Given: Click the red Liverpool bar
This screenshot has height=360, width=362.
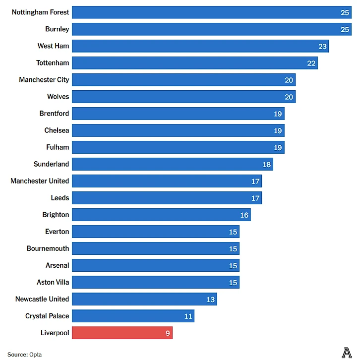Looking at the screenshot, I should tap(122, 333).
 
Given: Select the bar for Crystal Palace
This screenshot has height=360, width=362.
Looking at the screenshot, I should tap(133, 316).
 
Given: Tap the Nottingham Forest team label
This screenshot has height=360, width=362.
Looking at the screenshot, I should tap(41, 12).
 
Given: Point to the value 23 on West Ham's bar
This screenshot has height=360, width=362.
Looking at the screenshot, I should tap(322, 46).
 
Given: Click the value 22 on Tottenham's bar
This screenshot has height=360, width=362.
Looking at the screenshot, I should tap(311, 63).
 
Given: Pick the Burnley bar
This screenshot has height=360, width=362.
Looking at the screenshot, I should tap(211, 29).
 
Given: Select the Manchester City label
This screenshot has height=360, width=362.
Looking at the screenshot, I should tap(44, 80).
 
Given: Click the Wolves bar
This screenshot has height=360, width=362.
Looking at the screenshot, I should tap(183, 97).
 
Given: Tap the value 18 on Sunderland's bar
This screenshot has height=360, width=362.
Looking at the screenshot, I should tap(267, 164).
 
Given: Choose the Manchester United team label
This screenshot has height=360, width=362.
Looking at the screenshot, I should tap(40, 181).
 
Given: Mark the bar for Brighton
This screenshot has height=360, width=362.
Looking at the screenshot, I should tap(161, 215).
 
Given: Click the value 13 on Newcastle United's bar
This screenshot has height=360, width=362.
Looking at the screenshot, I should tap(211, 299).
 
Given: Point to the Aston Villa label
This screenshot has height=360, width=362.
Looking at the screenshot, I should tap(53, 282).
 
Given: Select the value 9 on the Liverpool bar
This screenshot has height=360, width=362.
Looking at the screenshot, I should tap(168, 333).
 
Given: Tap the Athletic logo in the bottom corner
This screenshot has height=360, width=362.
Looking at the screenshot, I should tap(347, 353).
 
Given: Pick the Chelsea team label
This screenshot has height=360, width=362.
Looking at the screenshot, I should tap(57, 130).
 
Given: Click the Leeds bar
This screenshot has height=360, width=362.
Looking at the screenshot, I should tap(167, 198).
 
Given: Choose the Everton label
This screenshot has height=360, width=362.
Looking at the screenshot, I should tap(57, 232).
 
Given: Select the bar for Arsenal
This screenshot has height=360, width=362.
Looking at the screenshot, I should tap(156, 265).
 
